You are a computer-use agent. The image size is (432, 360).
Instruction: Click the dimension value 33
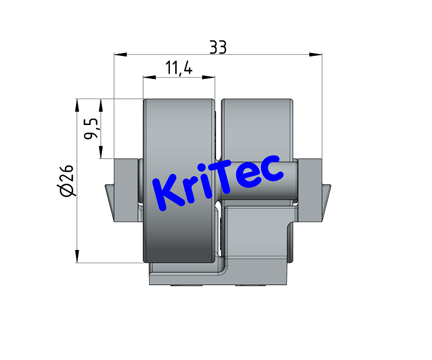218,48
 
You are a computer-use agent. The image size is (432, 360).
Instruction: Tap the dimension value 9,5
91,128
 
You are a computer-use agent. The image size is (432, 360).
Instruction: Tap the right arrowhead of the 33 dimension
316,55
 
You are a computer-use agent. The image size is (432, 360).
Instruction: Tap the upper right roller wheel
256,127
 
